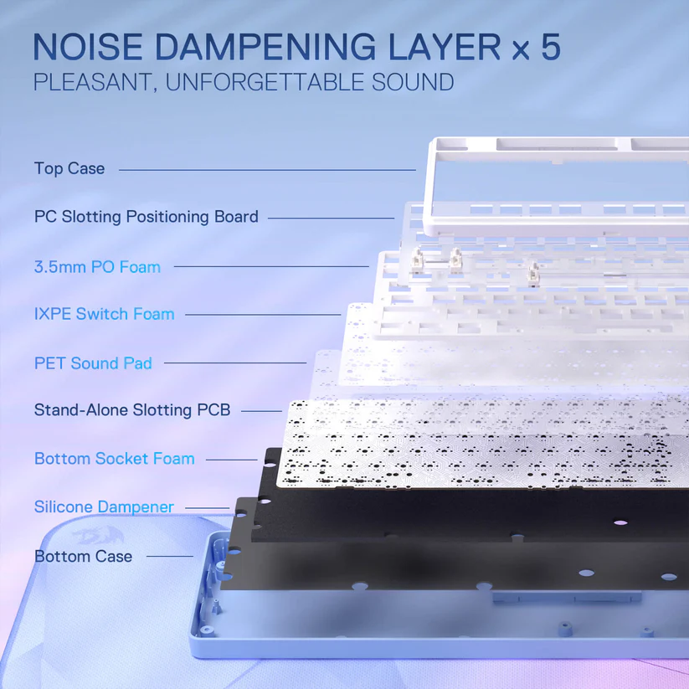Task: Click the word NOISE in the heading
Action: tap(88, 47)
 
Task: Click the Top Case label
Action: tap(69, 168)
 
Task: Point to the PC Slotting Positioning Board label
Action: tap(147, 217)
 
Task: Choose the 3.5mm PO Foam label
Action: tap(98, 267)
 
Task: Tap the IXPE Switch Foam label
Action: tap(104, 314)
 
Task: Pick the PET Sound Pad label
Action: tap(93, 363)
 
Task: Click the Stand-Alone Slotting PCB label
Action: tap(132, 410)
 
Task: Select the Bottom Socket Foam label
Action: tap(114, 458)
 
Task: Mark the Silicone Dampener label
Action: tap(104, 506)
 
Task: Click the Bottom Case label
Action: tap(83, 556)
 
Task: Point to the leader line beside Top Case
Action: tap(267, 170)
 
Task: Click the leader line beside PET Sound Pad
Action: tap(235, 363)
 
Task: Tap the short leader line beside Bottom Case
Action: tap(170, 556)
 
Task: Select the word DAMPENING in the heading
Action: tap(265, 47)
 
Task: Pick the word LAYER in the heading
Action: tap(445, 47)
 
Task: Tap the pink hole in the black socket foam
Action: tap(620, 523)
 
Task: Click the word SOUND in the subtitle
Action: tap(413, 82)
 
